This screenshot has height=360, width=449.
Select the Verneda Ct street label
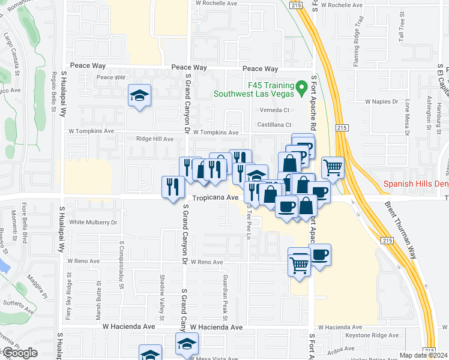[x=274, y=110]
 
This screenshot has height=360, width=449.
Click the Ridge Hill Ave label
[x=155, y=139]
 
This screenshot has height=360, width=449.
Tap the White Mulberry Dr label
[x=93, y=222]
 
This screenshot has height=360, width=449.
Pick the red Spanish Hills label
[x=416, y=185]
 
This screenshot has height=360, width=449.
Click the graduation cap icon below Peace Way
[x=139, y=95]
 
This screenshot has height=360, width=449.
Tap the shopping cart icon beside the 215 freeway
[x=333, y=167]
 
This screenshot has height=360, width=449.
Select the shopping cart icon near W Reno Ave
[x=299, y=262]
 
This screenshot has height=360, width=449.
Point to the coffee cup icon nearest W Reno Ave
[x=319, y=254]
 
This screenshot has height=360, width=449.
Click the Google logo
[x=20, y=353]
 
